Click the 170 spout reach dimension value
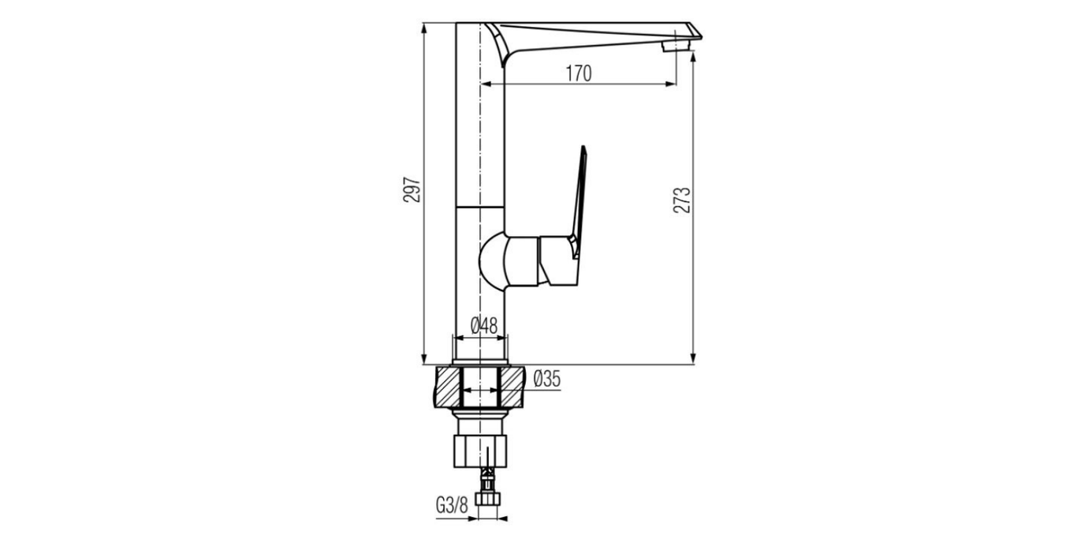[578, 73]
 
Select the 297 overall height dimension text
[412, 193]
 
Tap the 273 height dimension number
[683, 200]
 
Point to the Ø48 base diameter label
[483, 325]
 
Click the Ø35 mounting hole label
[546, 380]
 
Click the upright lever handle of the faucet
[580, 197]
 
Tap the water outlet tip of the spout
[676, 47]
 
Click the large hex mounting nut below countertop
[479, 450]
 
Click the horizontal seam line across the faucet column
[479, 207]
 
